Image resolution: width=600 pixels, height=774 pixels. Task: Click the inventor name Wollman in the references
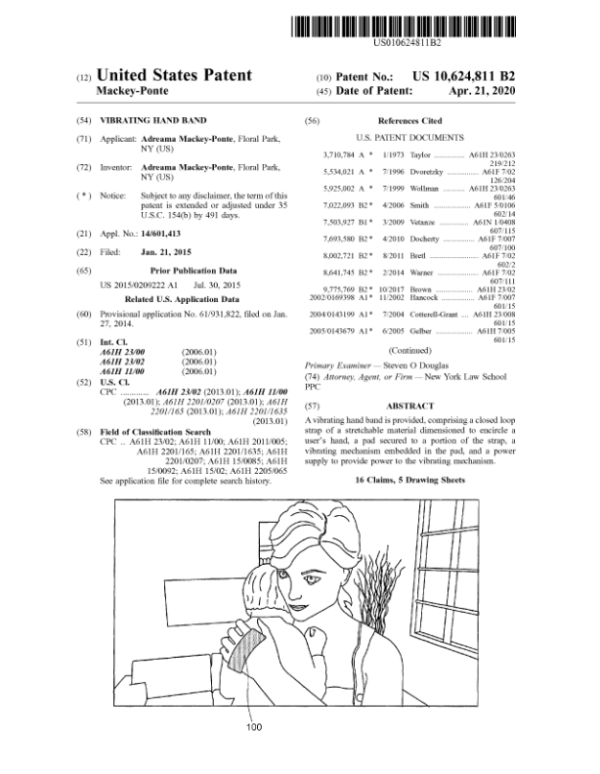423,187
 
